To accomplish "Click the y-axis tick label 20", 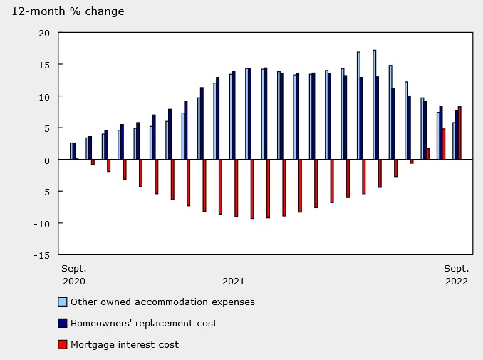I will (44, 33).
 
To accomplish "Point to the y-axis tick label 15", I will (44, 65).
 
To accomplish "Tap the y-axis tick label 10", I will (44, 96).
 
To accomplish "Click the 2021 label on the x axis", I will (234, 281).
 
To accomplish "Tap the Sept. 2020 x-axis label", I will (73, 274).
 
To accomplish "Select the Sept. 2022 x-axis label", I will (456, 274).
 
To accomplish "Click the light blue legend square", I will (63, 302).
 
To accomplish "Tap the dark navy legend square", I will (63, 323).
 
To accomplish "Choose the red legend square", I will (63, 344).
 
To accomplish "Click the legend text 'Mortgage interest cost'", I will (125, 344).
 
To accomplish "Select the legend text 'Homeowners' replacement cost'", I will (144, 323).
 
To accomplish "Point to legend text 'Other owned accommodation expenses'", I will (162, 302).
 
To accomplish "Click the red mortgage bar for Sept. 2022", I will (459, 133).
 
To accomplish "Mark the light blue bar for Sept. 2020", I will (71, 151).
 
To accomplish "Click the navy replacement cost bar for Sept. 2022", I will (457, 135).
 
